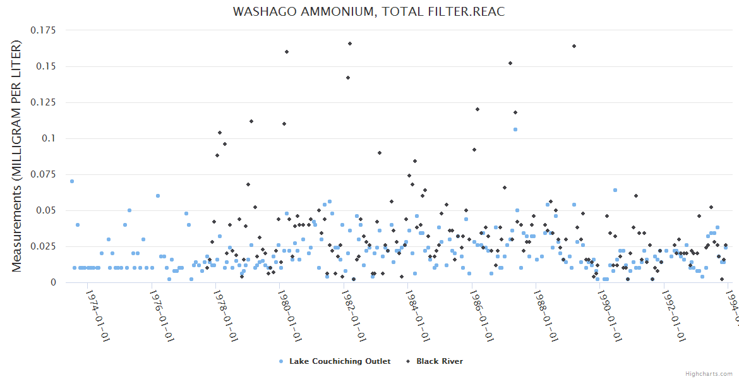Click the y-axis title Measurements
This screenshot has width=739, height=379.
point(17,156)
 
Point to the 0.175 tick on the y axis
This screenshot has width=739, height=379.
point(44,30)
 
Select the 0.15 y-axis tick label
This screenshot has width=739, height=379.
point(46,66)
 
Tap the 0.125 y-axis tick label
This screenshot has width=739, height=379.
point(44,102)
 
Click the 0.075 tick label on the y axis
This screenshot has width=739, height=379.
point(44,174)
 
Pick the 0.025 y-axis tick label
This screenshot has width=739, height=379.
point(44,246)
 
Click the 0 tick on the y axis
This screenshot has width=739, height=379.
point(53,282)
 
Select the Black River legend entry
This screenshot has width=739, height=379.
point(439,361)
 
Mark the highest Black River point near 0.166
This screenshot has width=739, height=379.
point(349,44)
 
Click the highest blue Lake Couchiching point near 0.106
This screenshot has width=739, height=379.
point(515,129)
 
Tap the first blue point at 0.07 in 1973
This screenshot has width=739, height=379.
point(72,181)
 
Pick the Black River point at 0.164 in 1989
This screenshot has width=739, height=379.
point(574,46)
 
